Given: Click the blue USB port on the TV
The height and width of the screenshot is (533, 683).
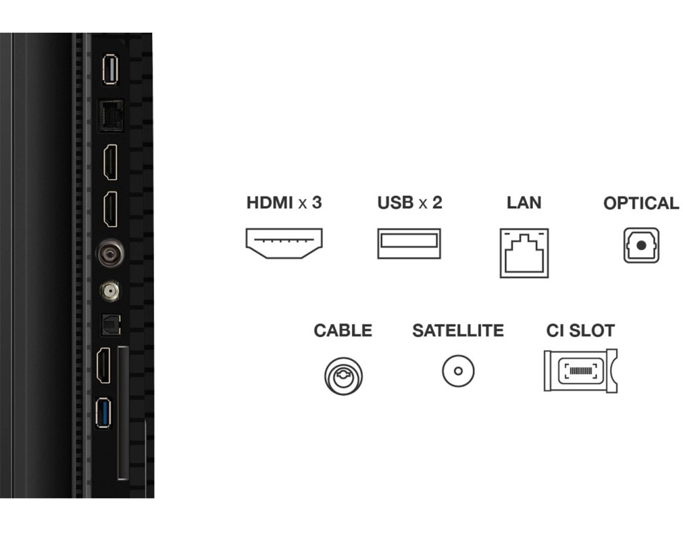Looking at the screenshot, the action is coord(103,413).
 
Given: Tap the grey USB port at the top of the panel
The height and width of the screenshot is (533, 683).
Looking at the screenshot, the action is coord(110,69).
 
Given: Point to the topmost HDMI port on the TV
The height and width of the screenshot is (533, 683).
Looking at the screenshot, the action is coord(111,162).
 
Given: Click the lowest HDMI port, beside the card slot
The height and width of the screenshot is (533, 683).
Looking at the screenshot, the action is coord(103,365).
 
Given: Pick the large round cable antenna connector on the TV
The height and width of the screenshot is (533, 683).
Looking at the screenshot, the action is coord(110,253).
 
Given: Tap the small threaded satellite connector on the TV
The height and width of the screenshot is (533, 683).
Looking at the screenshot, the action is coord(109,290).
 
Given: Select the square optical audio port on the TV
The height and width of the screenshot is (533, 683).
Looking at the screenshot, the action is coord(111,324).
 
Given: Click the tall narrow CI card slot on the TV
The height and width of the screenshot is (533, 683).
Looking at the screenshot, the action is coord(123,413).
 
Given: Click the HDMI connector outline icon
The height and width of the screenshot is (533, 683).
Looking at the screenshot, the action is coord(284,243).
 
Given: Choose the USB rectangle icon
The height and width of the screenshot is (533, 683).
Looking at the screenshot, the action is coord(409,243).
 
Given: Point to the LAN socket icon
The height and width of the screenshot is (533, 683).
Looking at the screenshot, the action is coord(524,253).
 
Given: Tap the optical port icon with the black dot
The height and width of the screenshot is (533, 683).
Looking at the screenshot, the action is coord(641,245).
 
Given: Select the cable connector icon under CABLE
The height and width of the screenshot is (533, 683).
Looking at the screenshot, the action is coord(344,376).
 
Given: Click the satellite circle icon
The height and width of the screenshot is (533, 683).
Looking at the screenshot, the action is coord(458,371).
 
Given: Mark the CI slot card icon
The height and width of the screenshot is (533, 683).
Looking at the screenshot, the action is coord(581,370).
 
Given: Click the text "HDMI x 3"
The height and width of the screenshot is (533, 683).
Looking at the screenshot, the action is coord(284,203).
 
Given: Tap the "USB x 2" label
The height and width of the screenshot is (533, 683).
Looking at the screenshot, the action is coord(410,203).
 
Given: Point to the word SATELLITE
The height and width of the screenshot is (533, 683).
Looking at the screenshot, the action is coord(458,330).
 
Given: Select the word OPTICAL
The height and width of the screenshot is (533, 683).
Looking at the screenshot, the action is coord(641,203).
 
